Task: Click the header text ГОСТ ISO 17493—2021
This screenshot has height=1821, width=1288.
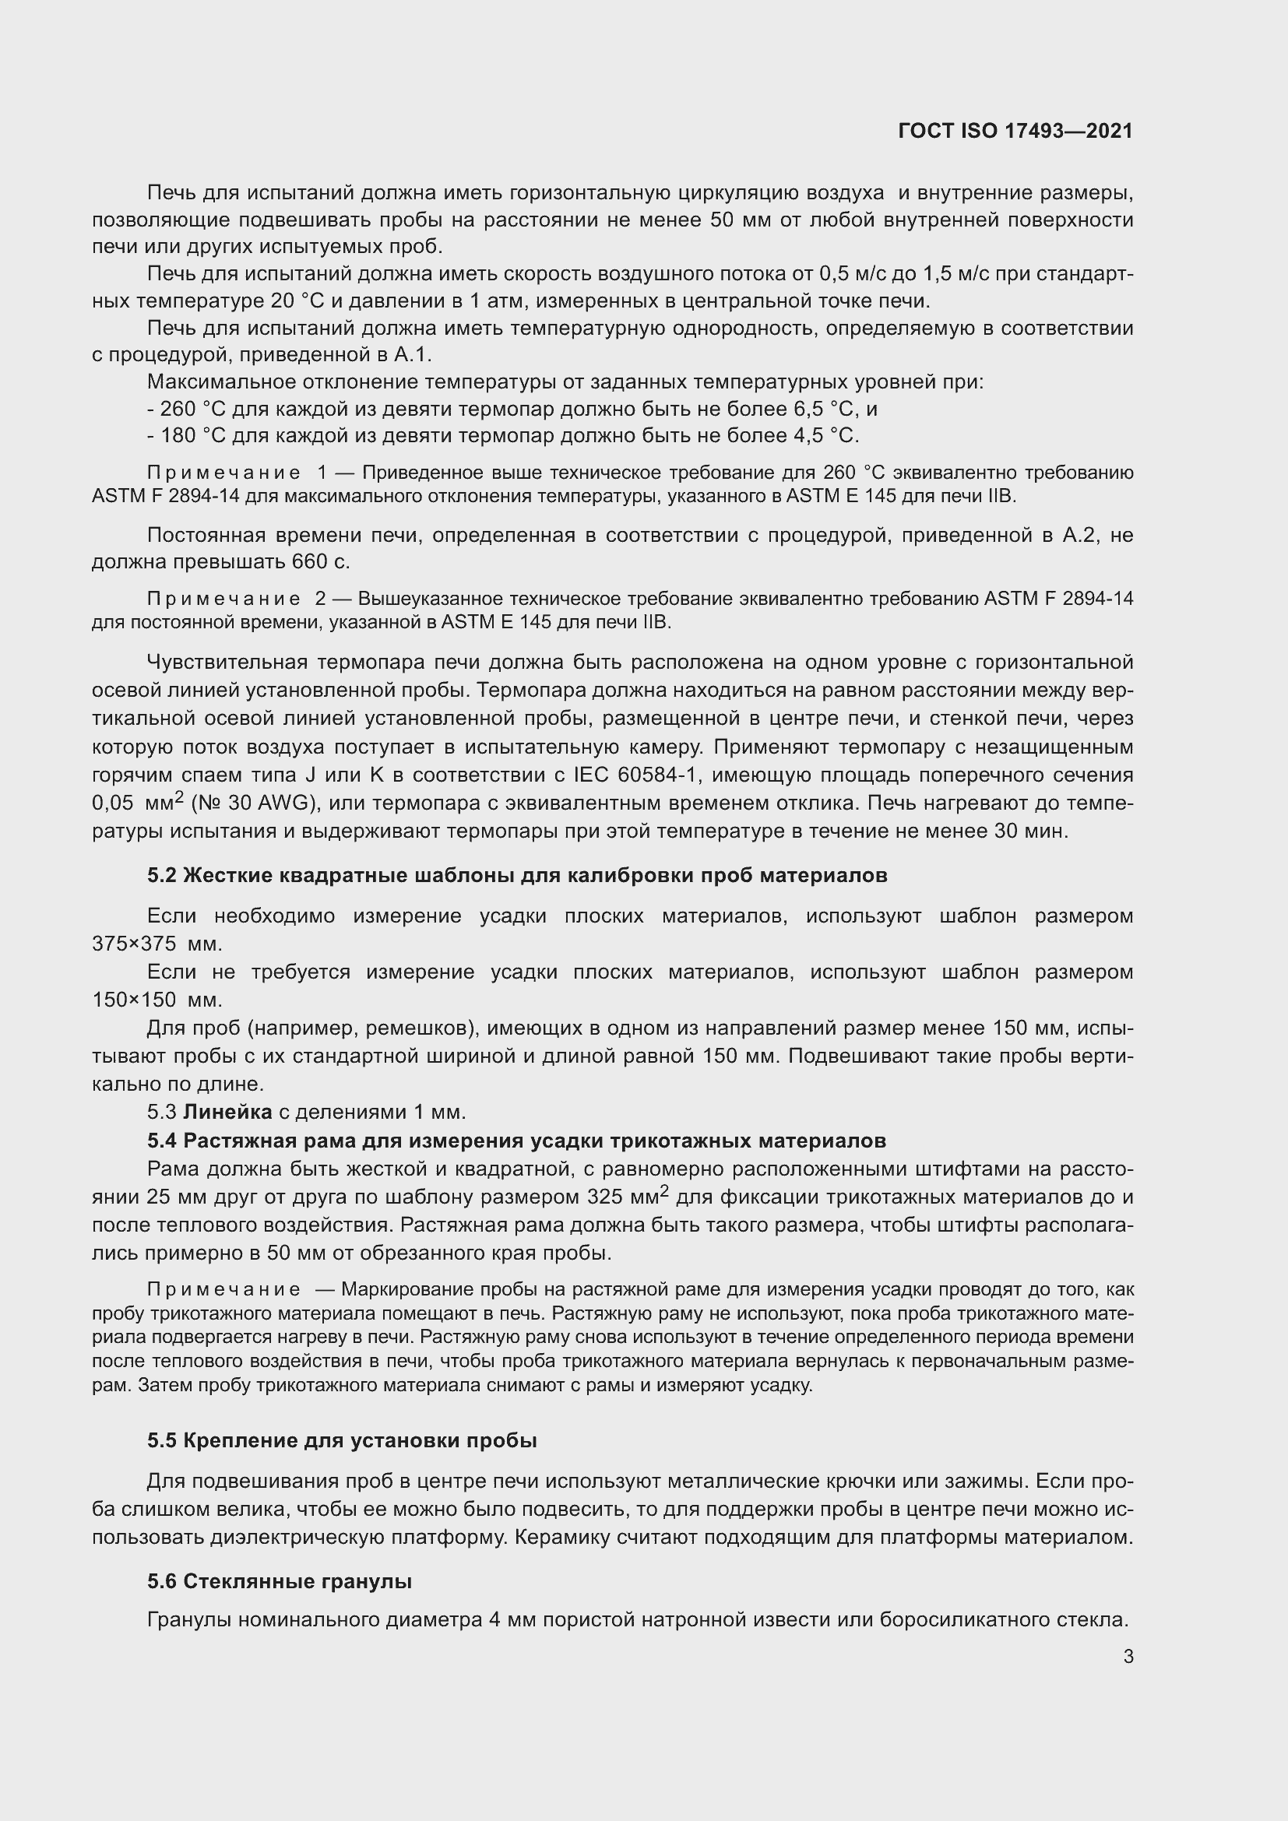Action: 1015,131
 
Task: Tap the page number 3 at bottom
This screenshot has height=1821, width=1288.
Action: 1128,1656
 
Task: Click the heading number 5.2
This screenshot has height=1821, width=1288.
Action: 162,876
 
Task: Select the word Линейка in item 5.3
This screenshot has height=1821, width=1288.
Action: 227,1112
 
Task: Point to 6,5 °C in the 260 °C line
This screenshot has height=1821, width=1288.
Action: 823,410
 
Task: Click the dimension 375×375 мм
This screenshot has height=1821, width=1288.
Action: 157,944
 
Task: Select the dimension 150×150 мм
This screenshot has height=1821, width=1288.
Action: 157,1000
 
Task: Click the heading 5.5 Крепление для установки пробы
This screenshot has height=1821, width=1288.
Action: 342,1440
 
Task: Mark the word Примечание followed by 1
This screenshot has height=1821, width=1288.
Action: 223,473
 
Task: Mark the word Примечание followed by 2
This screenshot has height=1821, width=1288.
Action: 223,599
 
